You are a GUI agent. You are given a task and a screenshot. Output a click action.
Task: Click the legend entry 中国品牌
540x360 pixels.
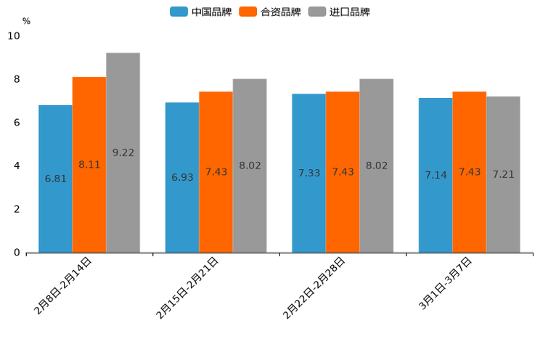[201, 12]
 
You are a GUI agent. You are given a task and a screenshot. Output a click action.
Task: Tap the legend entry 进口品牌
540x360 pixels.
[339, 12]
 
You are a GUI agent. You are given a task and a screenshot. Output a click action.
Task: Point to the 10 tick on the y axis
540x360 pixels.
[14, 36]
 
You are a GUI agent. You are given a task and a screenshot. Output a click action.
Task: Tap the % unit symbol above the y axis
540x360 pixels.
[26, 21]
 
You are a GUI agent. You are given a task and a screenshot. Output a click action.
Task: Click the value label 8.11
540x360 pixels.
[89, 165]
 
